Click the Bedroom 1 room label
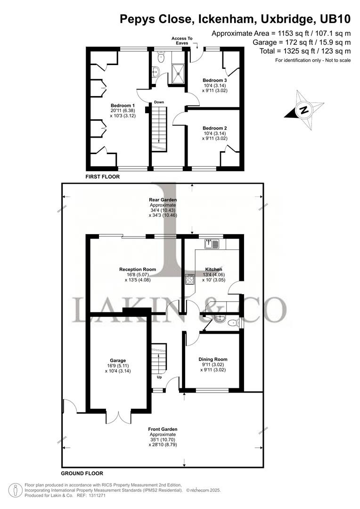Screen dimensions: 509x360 [x=123, y=105]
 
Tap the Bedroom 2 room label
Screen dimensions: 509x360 [x=215, y=128]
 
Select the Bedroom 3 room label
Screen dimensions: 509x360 [x=215, y=80]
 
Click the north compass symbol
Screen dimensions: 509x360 [x=304, y=110]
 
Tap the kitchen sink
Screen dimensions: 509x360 [x=211, y=244]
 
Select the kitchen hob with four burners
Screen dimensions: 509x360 [x=190, y=280]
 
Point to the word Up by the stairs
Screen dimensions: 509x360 [x=160, y=378]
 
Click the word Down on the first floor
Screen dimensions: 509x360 [x=159, y=102]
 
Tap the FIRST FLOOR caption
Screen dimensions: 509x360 [x=103, y=177]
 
